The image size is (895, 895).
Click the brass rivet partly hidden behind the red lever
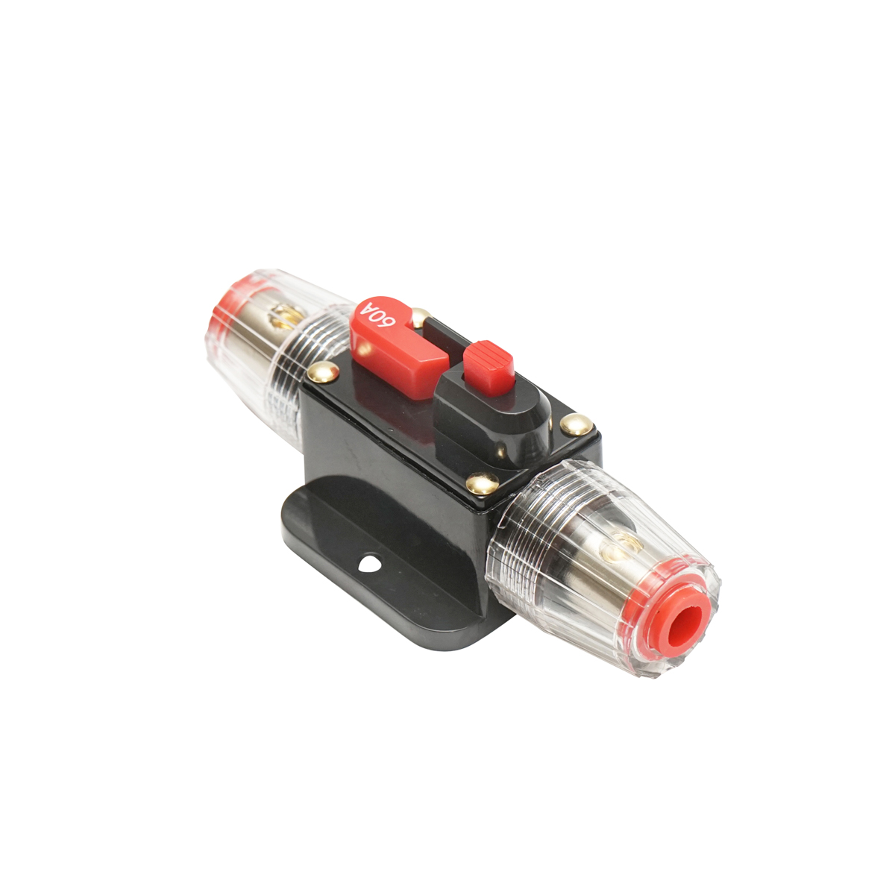coord(420,316)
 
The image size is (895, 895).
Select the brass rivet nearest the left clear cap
coord(323,371)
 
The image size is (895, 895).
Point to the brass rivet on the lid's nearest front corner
coord(482,483)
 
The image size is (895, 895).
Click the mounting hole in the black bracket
coord(369,562)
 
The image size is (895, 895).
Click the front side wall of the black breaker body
coord(395,462)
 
